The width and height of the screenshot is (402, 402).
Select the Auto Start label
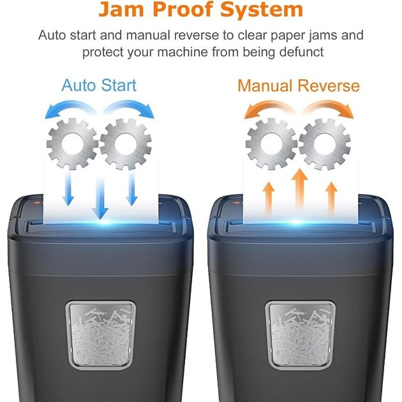point(99,86)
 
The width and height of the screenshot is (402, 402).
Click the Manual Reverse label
point(299,86)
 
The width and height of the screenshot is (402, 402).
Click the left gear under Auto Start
point(72,144)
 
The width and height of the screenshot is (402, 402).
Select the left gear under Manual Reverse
point(271,144)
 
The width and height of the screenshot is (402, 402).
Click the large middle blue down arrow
point(99,198)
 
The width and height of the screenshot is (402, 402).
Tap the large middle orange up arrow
point(299,191)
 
